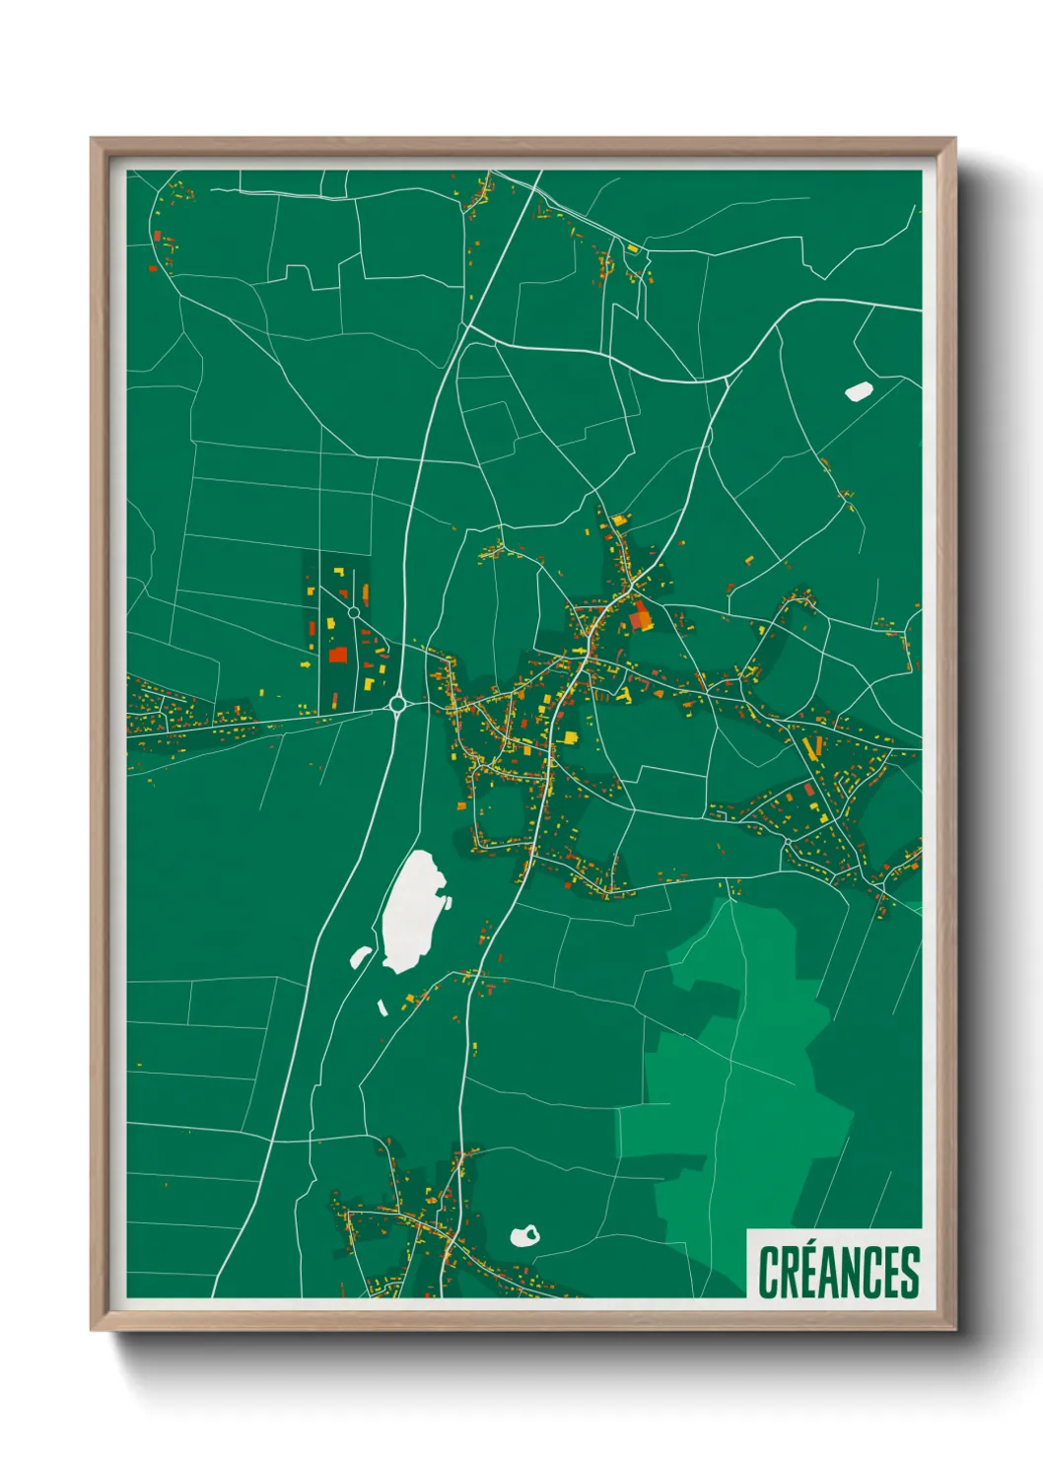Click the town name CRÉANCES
pyautogui.click(x=838, y=1272)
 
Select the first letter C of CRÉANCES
pyautogui.click(x=767, y=1273)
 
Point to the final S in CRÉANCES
pyautogui.click(x=909, y=1273)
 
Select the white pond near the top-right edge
pyautogui.click(x=858, y=391)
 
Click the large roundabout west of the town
pyautogui.click(x=398, y=704)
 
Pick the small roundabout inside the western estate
pyautogui.click(x=353, y=613)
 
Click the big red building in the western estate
pyautogui.click(x=337, y=655)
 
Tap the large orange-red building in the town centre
pyautogui.click(x=641, y=619)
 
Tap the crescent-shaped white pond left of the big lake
pyautogui.click(x=361, y=955)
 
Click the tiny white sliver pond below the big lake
pyautogui.click(x=382, y=1007)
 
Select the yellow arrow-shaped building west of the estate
pyautogui.click(x=306, y=664)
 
